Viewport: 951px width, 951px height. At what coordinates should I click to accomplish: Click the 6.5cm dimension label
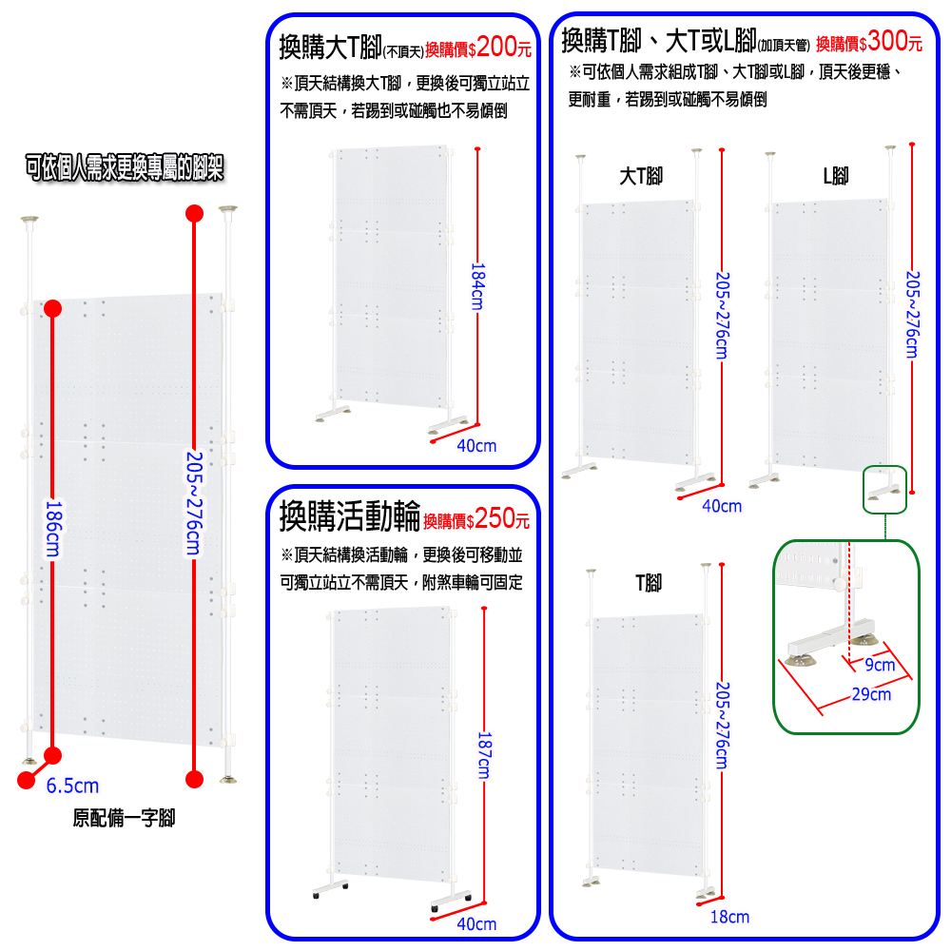[72, 786]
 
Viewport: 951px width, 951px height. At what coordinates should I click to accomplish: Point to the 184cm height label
[478, 286]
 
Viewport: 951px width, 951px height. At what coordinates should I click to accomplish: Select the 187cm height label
[484, 755]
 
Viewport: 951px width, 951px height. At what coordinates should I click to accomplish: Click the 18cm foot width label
[729, 917]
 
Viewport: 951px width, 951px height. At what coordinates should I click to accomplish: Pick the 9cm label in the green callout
[880, 665]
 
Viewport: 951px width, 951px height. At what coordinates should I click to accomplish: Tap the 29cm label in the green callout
[871, 694]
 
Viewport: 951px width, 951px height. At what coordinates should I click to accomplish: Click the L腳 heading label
[835, 177]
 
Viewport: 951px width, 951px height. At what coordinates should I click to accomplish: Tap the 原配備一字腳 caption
[124, 818]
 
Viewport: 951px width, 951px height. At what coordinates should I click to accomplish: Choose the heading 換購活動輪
[349, 516]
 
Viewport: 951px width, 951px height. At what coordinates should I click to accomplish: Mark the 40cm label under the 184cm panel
[476, 446]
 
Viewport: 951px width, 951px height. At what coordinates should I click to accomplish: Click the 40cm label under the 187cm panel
[476, 923]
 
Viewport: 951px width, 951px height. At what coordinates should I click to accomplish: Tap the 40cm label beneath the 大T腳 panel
[722, 506]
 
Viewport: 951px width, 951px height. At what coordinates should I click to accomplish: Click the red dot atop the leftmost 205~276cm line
[194, 213]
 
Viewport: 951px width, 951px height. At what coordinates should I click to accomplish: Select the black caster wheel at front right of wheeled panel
[435, 909]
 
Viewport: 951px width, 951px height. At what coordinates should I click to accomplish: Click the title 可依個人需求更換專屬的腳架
[125, 167]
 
